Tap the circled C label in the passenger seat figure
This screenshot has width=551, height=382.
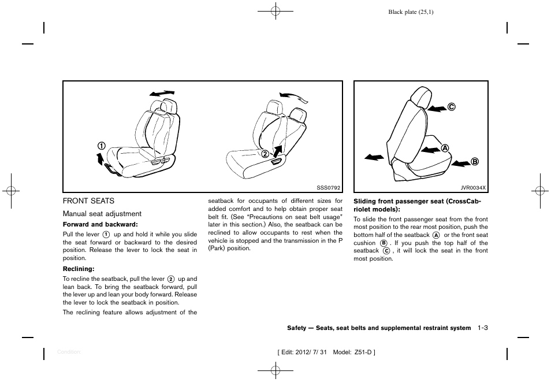(x=452, y=107)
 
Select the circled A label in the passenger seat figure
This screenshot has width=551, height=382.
(x=445, y=148)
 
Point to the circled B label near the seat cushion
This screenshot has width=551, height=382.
(x=475, y=162)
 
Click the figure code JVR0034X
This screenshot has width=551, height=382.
(x=474, y=188)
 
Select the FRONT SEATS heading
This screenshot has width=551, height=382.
(x=88, y=201)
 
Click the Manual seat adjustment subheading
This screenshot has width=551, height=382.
(x=102, y=214)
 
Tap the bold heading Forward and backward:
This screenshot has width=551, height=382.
(x=100, y=224)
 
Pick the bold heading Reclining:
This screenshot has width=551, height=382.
(x=79, y=269)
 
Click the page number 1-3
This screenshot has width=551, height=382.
(x=483, y=328)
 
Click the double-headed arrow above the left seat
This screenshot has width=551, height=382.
(x=161, y=93)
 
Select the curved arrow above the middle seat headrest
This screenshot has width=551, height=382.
(x=294, y=97)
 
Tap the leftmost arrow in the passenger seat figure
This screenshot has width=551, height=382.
(x=374, y=157)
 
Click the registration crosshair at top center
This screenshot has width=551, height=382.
(x=275, y=11)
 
